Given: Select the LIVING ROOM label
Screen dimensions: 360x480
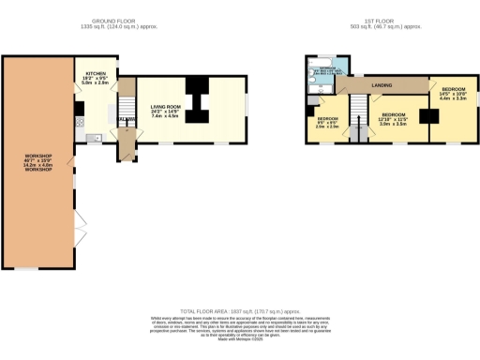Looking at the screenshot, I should (165, 105).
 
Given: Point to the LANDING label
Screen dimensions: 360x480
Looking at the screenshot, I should (382, 85).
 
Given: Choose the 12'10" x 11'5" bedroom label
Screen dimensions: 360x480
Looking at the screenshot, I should (393, 118).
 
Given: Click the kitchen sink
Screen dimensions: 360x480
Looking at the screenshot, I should (92, 139).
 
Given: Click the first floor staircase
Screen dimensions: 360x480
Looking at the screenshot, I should (357, 120).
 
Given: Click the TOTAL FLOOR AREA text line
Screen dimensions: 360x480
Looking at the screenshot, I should (239, 310).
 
